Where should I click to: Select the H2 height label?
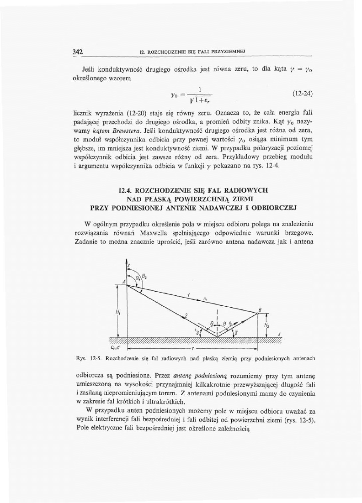click(x=266, y=325)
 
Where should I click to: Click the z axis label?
click(x=129, y=265)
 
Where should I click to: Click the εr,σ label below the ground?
click(x=116, y=348)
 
